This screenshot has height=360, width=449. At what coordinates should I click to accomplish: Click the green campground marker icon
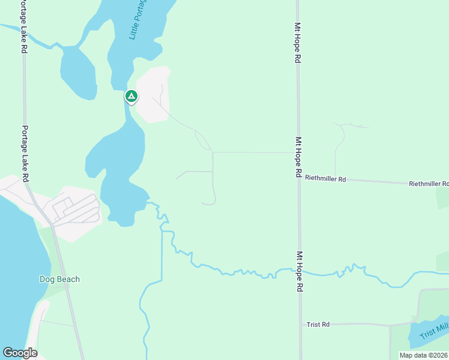pyautogui.click(x=131, y=96)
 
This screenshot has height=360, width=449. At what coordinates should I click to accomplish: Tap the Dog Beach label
pyautogui.click(x=59, y=279)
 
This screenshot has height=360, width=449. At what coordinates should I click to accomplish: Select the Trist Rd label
pyautogui.click(x=318, y=325)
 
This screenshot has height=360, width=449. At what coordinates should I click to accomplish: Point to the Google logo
pyautogui.click(x=20, y=353)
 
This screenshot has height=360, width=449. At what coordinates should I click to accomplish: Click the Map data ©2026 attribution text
pyautogui.click(x=423, y=355)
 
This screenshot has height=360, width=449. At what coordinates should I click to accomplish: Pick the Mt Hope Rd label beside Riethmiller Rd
pyautogui.click(x=298, y=157)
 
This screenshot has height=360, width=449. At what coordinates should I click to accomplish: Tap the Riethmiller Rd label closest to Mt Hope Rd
pyautogui.click(x=326, y=178)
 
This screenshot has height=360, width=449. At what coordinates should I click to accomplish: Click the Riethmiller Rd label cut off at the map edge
pyautogui.click(x=429, y=184)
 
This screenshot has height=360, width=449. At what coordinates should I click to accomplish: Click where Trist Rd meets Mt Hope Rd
pyautogui.click(x=300, y=325)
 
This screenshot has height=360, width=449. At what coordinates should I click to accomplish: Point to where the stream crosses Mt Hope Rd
pyautogui.click(x=299, y=271)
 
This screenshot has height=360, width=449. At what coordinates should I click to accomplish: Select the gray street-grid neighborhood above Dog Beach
pyautogui.click(x=75, y=210)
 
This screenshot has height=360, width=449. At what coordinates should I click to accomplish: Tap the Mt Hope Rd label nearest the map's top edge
pyautogui.click(x=297, y=43)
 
